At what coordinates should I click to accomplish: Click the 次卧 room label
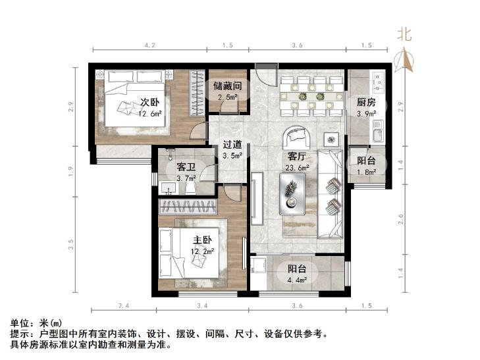[x=149, y=102]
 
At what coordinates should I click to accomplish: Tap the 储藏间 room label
[x=227, y=86]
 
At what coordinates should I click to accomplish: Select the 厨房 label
[x=366, y=102]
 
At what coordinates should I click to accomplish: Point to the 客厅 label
[x=297, y=157]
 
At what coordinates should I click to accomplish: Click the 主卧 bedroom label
[x=202, y=240]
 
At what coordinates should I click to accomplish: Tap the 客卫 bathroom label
[x=186, y=167]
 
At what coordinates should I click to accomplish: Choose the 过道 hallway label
[x=232, y=144]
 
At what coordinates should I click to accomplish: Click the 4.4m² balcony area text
[x=297, y=280]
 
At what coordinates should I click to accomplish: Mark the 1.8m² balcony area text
[x=367, y=172]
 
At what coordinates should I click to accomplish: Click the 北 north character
[x=404, y=34]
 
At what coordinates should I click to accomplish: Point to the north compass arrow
[x=404, y=60]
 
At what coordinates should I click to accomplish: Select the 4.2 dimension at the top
[x=149, y=45]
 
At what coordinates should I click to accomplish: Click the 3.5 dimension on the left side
[x=71, y=244]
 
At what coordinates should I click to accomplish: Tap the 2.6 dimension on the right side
[x=401, y=219]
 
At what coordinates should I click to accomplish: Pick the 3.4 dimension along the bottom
[x=202, y=305]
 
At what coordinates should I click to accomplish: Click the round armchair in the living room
[x=296, y=138]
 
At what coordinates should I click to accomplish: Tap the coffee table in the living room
[x=292, y=194]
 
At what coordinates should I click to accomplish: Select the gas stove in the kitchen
[x=379, y=82]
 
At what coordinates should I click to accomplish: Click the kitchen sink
[x=379, y=132]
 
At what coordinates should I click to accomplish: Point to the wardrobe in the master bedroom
[x=188, y=207]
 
